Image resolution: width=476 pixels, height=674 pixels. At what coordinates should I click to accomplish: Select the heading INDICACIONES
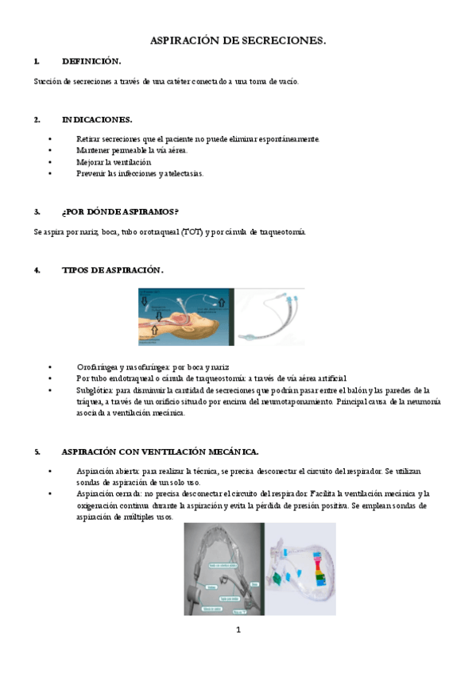click(97, 119)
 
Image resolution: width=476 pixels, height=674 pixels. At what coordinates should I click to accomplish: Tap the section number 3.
click(37, 211)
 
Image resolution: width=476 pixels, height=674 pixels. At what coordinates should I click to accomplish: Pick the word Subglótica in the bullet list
click(96, 390)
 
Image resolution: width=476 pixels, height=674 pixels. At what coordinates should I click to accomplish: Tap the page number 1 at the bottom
click(238, 630)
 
